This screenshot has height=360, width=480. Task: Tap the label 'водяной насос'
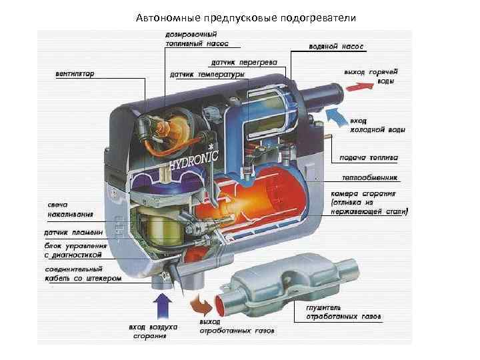coord(335,48)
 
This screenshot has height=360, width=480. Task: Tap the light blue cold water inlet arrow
coord(338,118)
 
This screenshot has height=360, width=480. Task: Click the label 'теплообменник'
coord(369,178)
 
